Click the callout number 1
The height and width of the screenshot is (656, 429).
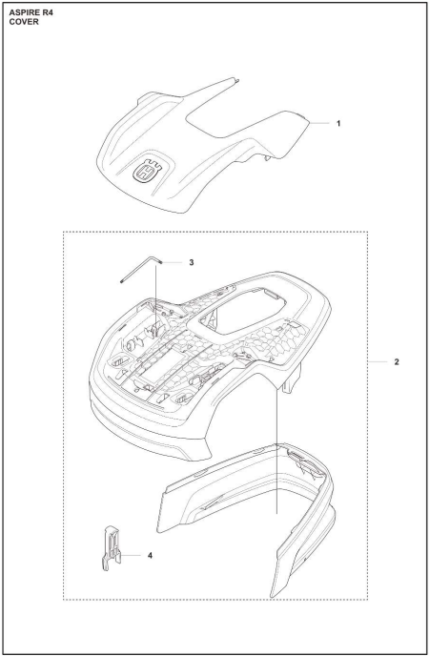coord(338,123)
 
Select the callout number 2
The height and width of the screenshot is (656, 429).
coord(397,362)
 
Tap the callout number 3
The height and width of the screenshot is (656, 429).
coord(192,262)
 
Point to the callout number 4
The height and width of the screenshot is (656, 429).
coord(150,555)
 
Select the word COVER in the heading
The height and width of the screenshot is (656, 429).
coord(24,22)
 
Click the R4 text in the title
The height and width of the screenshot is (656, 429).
coord(48,13)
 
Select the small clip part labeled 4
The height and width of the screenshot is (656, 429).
coord(112,547)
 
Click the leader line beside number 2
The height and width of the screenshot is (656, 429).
coord(378,362)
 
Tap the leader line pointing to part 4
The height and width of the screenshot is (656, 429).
coord(131,555)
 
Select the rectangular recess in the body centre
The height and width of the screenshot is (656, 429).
coord(161,367)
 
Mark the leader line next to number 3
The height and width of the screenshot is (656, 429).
coord(173,262)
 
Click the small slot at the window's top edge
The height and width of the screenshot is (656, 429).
coord(272,295)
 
